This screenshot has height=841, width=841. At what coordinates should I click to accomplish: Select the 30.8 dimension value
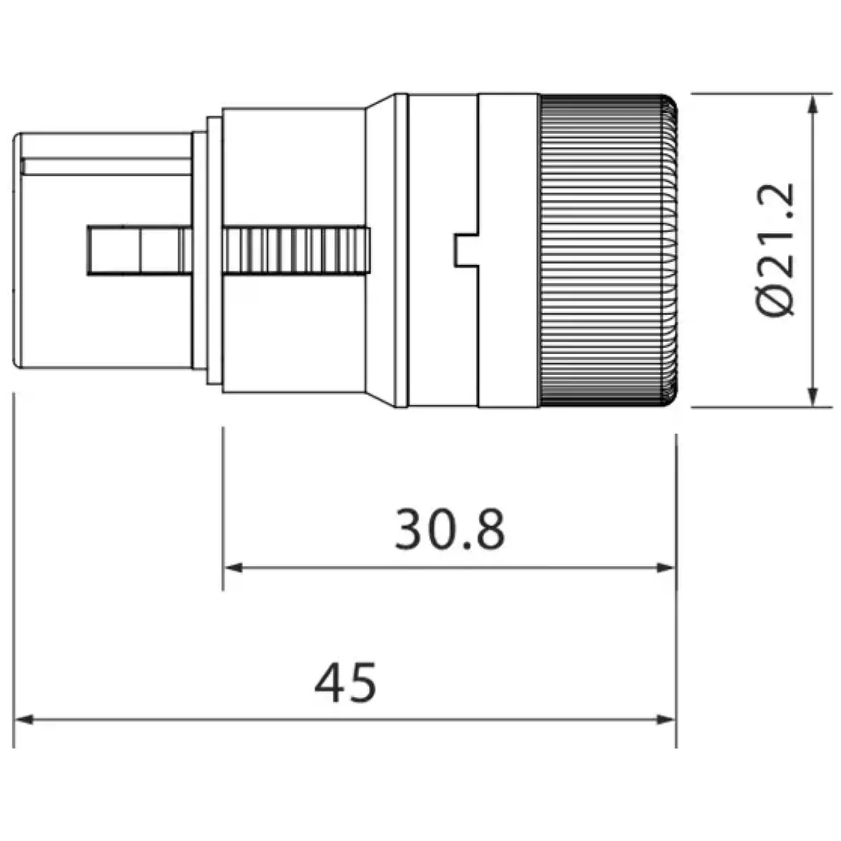coord(449,531)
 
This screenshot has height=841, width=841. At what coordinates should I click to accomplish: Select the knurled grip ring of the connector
coord(606,250)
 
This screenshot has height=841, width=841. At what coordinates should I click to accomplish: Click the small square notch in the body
coord(466,250)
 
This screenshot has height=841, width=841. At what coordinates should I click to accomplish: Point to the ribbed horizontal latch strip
coord(294,250)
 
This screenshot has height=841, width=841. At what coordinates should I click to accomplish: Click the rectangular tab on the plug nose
coord(116,250)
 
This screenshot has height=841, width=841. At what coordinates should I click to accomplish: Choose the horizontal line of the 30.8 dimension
coord(449,568)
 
